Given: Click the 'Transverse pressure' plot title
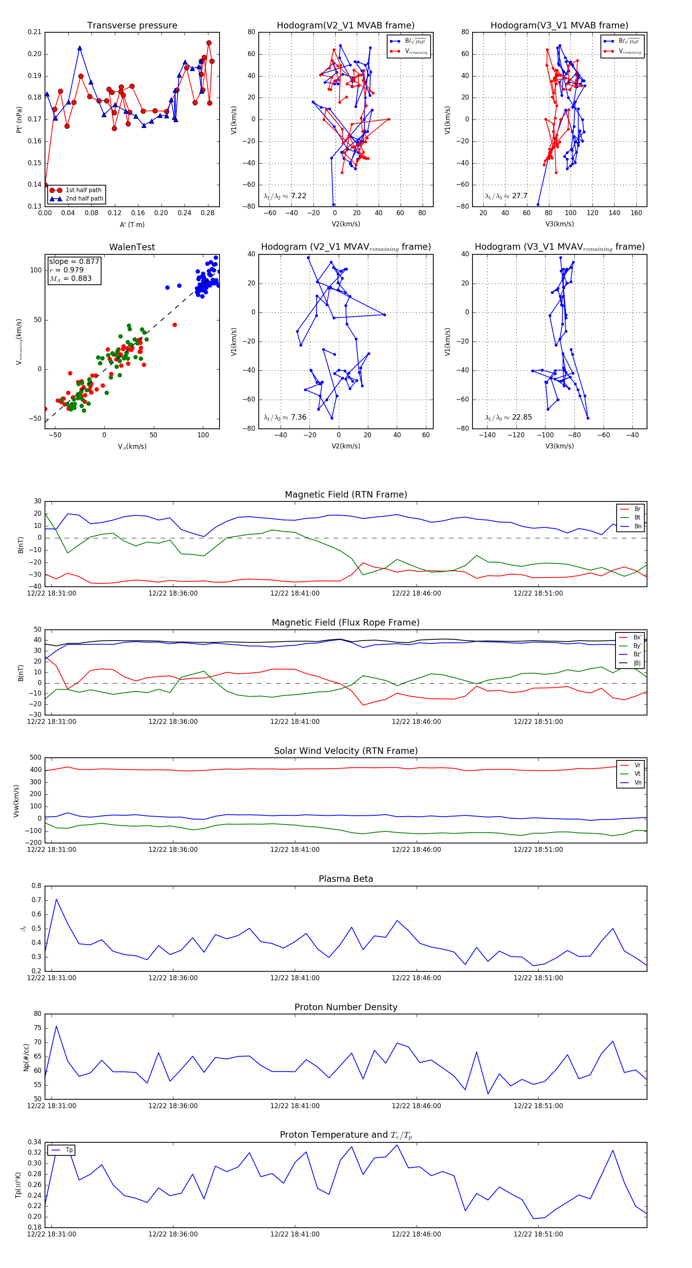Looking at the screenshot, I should (x=132, y=26).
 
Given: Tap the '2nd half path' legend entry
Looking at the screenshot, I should (x=84, y=199).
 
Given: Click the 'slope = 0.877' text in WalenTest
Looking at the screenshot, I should (x=74, y=261).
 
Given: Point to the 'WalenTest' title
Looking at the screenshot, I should (x=132, y=247).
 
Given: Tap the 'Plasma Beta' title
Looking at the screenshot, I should (x=346, y=879).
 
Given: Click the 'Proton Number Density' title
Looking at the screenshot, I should (x=346, y=1007).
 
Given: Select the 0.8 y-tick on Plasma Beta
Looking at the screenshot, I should (x=37, y=886).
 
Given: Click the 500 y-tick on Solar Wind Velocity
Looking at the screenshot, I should (x=35, y=758).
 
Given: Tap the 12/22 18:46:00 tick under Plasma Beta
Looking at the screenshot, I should (x=416, y=978).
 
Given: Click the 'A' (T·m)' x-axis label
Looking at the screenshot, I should (x=132, y=224).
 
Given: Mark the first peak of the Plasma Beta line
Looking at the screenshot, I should (x=56, y=899).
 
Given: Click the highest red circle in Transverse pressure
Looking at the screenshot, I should (x=209, y=43).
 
